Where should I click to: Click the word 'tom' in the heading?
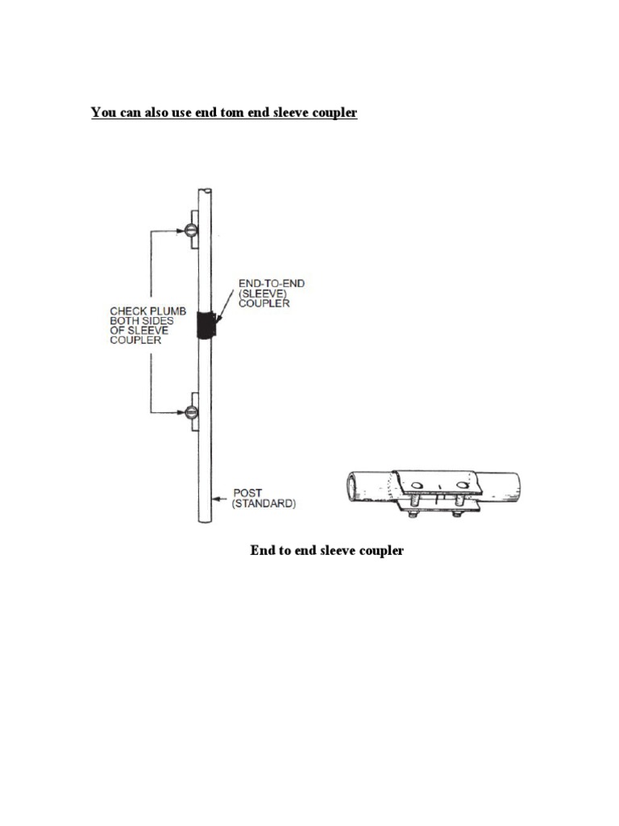(232, 112)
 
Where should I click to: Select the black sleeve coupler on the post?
(206, 324)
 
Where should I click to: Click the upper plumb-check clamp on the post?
(192, 230)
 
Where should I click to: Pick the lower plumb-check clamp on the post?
(192, 411)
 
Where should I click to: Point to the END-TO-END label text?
(272, 283)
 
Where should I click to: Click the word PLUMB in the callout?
(168, 311)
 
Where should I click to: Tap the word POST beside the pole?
(247, 493)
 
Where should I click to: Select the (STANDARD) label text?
(264, 503)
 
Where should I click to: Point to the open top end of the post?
(206, 190)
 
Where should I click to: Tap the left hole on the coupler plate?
(417, 485)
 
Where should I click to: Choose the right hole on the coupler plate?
(462, 485)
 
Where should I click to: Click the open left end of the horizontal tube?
(351, 486)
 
